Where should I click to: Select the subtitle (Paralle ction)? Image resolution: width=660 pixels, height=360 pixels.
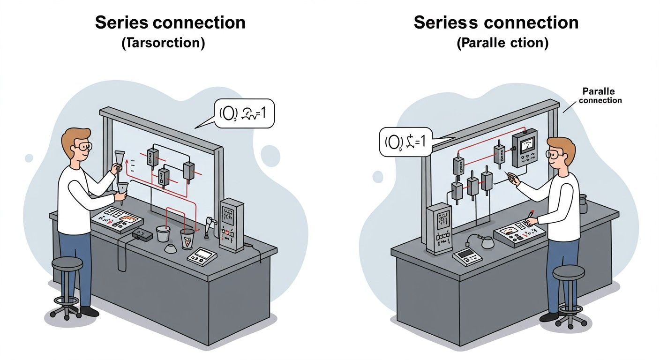pos(502,44)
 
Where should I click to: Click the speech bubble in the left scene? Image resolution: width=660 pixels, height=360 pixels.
pos(244,113)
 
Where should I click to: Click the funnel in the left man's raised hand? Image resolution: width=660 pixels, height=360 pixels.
pos(120,157)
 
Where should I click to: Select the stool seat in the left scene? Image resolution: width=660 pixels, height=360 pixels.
pos(67,263)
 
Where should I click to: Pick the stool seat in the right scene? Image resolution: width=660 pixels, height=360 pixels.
pos(569,272)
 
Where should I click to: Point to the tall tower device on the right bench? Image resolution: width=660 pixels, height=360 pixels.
pos(439,228)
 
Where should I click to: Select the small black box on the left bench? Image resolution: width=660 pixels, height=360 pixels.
pos(142,234)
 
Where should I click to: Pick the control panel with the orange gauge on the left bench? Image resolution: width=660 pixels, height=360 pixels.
pos(119,219)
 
